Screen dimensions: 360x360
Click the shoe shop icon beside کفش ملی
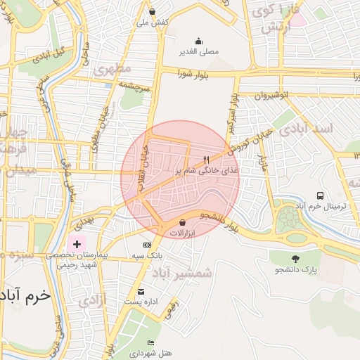click(x=153, y=12)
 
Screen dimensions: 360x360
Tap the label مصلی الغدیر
click(x=200, y=51)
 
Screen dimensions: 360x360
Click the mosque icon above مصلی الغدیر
click(x=199, y=41)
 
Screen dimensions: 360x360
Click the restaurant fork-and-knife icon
click(x=206, y=160)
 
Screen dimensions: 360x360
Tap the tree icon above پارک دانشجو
click(x=295, y=258)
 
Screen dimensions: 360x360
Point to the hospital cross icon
click(x=77, y=243)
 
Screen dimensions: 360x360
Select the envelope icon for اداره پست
click(x=141, y=292)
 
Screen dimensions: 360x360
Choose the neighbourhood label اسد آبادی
click(x=307, y=131)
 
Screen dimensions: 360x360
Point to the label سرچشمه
click(x=133, y=86)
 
